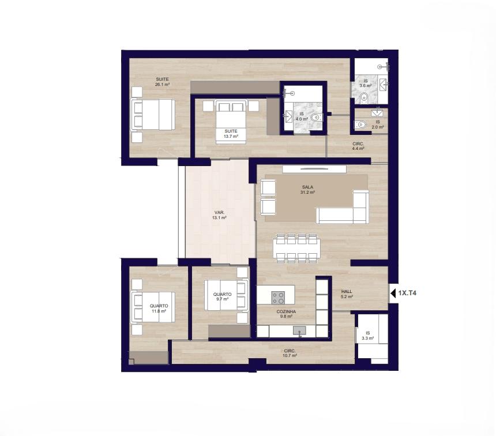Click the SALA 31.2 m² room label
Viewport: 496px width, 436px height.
(x=307, y=190)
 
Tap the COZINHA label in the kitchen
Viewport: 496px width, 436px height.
(x=286, y=311)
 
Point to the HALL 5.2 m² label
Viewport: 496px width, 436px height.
(x=347, y=294)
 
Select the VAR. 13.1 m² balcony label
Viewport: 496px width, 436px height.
(x=220, y=215)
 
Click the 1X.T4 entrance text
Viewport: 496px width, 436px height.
(x=407, y=293)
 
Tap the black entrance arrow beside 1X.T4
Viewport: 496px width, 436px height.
(x=393, y=294)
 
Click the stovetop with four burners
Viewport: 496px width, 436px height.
(x=278, y=298)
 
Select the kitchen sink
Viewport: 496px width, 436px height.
(x=299, y=331)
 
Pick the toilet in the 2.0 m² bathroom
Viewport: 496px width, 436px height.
(x=360, y=125)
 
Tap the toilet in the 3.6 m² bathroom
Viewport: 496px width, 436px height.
(x=365, y=97)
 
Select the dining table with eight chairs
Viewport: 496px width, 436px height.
(x=297, y=249)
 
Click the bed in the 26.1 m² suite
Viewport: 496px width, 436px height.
(x=152, y=115)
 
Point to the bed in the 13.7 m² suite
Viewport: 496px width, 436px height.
(x=231, y=122)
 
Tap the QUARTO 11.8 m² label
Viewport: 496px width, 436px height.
(x=159, y=309)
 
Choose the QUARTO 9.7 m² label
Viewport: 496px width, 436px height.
(x=222, y=296)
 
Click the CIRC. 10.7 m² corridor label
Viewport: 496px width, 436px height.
(x=290, y=353)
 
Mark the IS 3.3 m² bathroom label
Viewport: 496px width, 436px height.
(x=367, y=336)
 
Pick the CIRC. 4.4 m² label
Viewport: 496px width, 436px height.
(x=358, y=146)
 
